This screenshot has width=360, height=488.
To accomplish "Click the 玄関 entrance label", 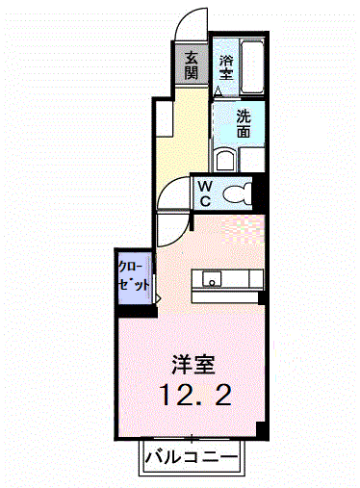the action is tap(192, 65).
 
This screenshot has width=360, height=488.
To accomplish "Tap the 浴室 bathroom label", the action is tap(226, 67).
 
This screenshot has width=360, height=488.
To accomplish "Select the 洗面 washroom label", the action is tap(244, 123).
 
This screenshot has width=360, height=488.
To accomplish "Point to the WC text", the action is tap(205, 193).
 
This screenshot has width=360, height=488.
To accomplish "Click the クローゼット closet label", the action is tap(134, 275).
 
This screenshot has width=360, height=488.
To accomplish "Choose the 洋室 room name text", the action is tap(193, 365).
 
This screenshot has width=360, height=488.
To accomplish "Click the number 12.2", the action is tap(195, 395).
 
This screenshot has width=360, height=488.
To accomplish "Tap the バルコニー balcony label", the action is tap(192, 456).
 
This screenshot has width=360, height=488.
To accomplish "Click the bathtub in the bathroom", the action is tap(252, 66).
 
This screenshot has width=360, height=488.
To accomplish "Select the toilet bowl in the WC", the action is tap(238, 193).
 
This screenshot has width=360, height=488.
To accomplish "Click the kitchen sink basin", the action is tap(212, 278).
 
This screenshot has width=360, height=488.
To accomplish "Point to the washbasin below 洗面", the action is tap(225, 160).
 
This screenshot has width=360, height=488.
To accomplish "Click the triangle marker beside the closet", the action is tap(158, 298).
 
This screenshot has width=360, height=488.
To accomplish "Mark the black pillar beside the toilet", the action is tap(258, 193).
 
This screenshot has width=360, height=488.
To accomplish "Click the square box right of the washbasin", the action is tap(252, 160).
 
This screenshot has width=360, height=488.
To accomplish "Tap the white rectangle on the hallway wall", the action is tap(164, 118).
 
